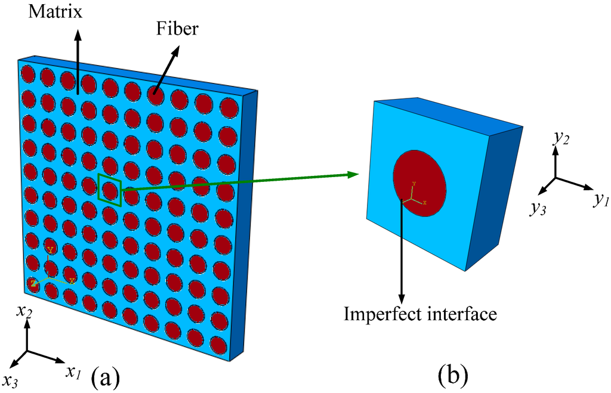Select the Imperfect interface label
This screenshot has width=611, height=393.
click(420, 314)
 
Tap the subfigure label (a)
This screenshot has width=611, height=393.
click(106, 377)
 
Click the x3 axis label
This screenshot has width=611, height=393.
click(11, 381)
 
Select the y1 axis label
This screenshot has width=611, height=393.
click(599, 200)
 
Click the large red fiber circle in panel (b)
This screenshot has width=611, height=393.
click(419, 184)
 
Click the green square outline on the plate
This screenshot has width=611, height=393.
click(110, 190)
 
